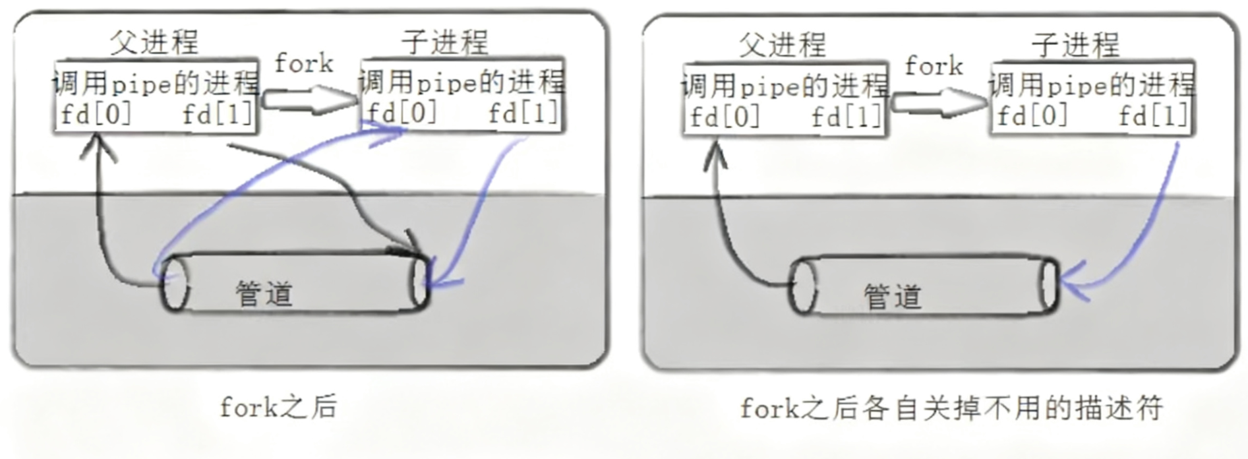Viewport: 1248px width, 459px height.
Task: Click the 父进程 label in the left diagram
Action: (154, 43)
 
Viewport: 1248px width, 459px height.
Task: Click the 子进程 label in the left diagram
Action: (445, 43)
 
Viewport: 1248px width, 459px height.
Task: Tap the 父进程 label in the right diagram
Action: (782, 45)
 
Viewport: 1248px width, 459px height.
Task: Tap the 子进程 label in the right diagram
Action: (1075, 45)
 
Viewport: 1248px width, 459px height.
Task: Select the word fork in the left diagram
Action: (304, 64)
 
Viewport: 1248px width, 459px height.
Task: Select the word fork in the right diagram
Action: (934, 66)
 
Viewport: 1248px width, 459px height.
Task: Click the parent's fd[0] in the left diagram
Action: (96, 115)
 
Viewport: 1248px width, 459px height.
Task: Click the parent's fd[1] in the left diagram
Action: (218, 115)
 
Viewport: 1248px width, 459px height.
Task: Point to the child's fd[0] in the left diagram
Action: (402, 113)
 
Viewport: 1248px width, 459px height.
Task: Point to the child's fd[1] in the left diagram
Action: (523, 113)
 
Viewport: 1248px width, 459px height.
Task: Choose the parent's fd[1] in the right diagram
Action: (847, 117)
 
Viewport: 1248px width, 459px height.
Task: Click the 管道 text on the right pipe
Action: (893, 297)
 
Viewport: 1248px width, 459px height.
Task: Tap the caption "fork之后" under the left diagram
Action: (278, 407)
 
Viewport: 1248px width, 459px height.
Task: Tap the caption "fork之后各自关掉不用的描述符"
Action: (951, 408)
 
